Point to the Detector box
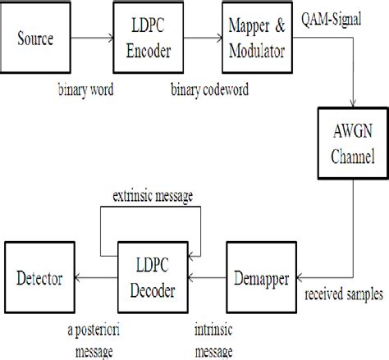point(39,279)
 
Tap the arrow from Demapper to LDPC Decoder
point(207,279)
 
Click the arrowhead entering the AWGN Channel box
point(353,107)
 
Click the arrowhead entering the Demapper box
point(293,279)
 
